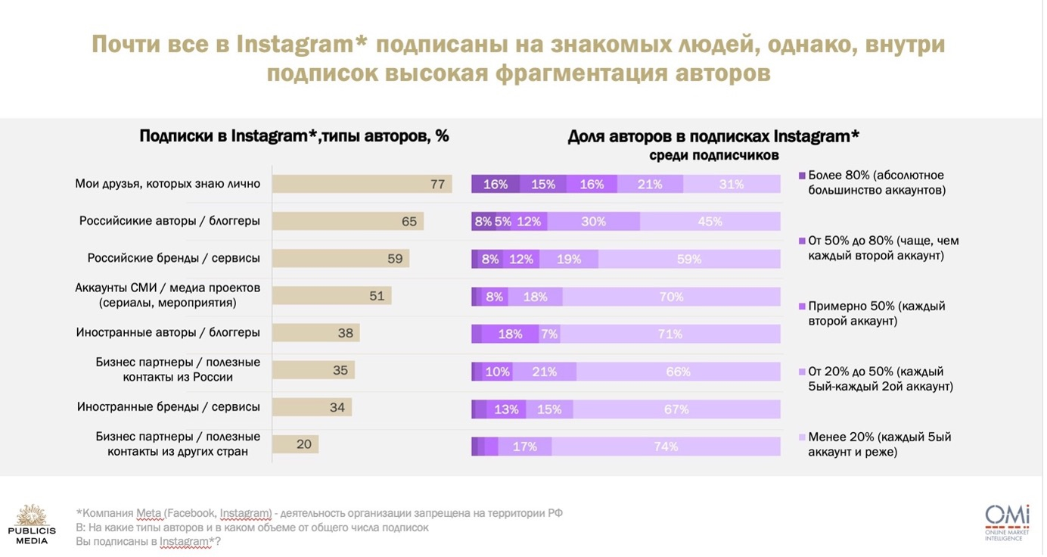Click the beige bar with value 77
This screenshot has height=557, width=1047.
tap(362, 184)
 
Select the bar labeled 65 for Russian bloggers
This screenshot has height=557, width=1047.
tap(347, 221)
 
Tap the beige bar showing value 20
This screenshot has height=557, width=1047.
tap(295, 444)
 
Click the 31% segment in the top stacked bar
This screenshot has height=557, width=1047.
tap(732, 184)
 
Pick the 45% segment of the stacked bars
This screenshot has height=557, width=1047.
tap(710, 221)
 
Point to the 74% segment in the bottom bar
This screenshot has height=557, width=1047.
tap(666, 447)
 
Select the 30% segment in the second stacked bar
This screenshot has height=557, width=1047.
tap(594, 221)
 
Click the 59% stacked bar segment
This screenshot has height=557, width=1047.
tap(689, 259)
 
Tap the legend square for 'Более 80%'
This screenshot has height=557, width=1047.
tap(802, 176)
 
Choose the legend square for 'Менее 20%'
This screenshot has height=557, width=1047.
tap(802, 437)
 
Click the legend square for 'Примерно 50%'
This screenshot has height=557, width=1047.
tap(802, 307)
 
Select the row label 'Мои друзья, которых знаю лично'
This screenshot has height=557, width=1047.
tap(167, 183)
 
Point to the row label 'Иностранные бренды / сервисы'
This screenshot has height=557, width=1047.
tap(168, 407)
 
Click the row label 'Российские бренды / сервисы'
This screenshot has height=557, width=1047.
tap(173, 258)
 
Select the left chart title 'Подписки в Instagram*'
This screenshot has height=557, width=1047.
tap(294, 136)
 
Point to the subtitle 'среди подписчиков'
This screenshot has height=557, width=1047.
tap(713, 155)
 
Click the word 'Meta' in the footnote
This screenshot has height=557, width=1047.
tap(150, 513)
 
